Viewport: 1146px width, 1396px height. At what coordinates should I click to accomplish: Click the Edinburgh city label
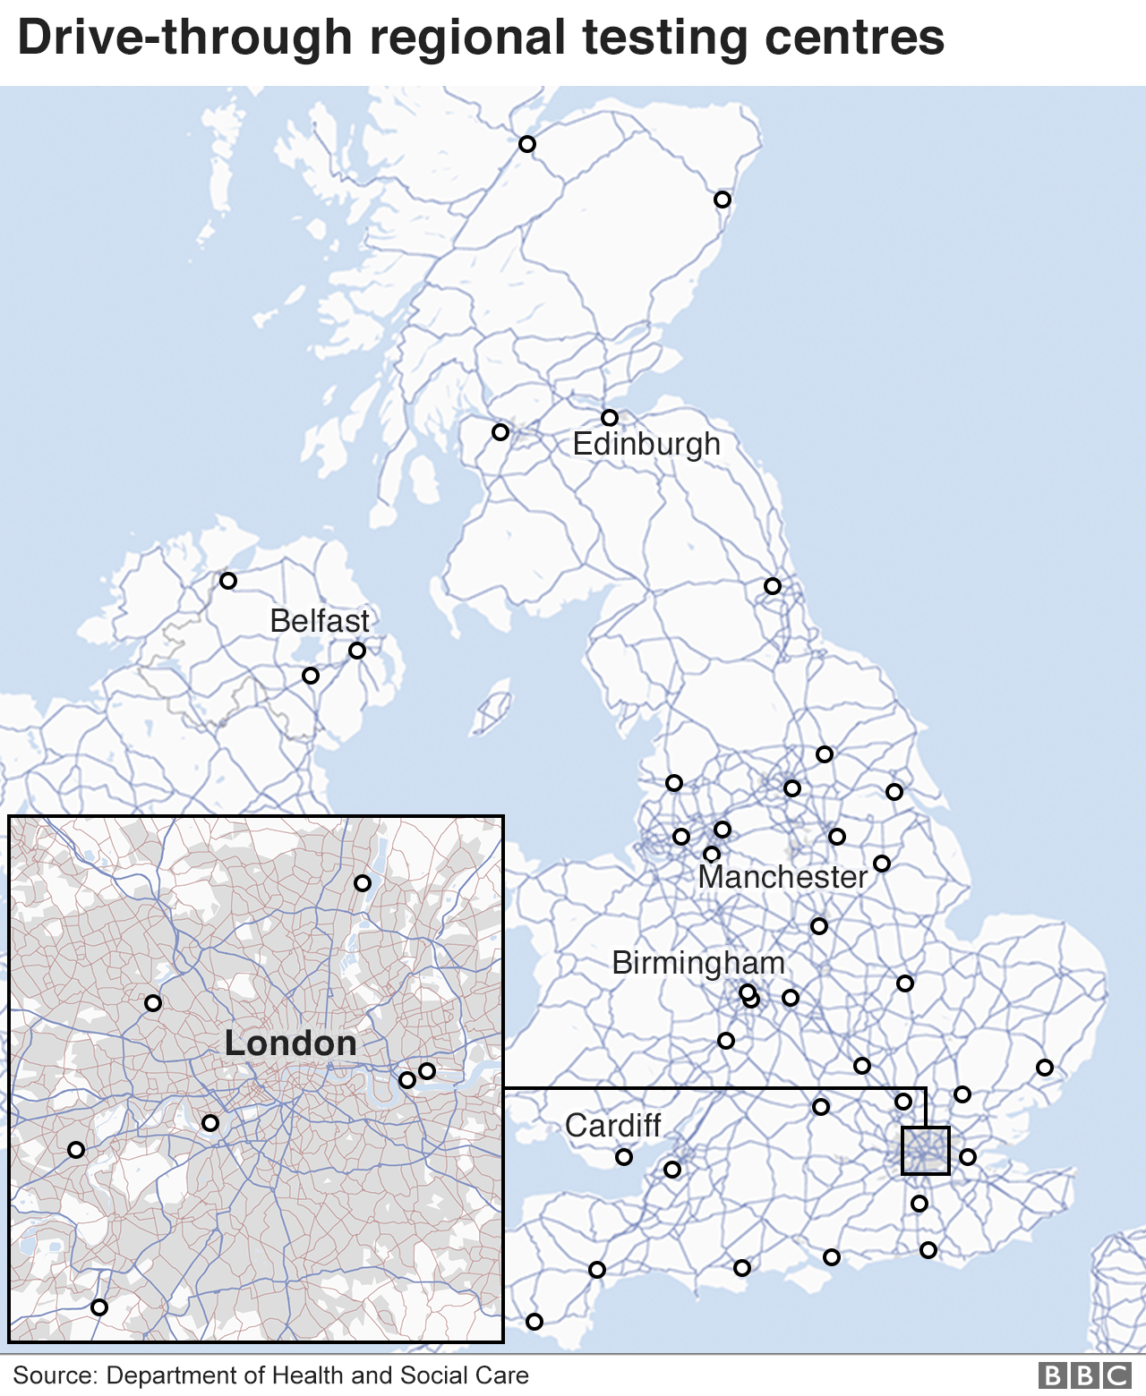(646, 444)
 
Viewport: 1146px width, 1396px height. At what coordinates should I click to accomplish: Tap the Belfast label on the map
(320, 621)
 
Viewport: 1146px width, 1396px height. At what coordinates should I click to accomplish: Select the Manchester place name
(783, 876)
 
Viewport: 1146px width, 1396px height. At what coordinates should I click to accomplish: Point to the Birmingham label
(698, 963)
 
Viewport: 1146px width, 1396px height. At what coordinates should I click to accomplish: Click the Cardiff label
(613, 1126)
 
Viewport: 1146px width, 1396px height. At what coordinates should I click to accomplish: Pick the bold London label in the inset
(290, 1043)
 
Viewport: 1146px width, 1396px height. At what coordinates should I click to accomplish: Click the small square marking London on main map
(925, 1151)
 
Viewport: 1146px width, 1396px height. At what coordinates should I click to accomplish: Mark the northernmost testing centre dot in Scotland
(527, 144)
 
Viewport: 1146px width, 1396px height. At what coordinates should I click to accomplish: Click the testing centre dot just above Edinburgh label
(610, 418)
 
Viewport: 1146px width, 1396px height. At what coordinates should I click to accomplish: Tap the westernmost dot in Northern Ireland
(228, 581)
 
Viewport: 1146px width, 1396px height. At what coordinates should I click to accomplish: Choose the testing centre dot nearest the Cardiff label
(624, 1157)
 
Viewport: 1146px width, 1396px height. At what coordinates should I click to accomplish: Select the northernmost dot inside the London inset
(363, 883)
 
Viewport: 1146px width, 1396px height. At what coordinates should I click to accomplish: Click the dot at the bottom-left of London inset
(99, 1307)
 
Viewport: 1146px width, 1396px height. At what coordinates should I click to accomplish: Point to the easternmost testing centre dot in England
(1045, 1068)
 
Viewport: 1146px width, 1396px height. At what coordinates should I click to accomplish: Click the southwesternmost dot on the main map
(535, 1322)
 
